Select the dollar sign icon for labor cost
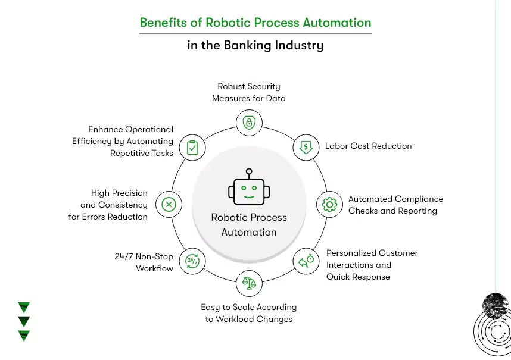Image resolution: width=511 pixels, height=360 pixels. point(306,146)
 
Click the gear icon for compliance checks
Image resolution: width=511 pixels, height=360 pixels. point(329,205)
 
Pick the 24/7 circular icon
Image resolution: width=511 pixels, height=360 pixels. point(192,261)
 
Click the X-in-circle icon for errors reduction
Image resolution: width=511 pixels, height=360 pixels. point(169,205)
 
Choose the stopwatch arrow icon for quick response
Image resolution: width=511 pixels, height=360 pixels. point(306,261)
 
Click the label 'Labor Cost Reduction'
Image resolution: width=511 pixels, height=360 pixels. point(368,146)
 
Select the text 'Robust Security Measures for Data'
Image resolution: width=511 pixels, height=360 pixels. point(249,92)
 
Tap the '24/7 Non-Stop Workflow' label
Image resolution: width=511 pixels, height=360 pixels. point(144,262)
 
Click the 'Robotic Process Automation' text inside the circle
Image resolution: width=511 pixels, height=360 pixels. point(249,225)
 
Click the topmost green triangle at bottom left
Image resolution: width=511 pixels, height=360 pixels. point(24,308)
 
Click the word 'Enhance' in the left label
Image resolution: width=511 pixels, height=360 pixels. point(105,129)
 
